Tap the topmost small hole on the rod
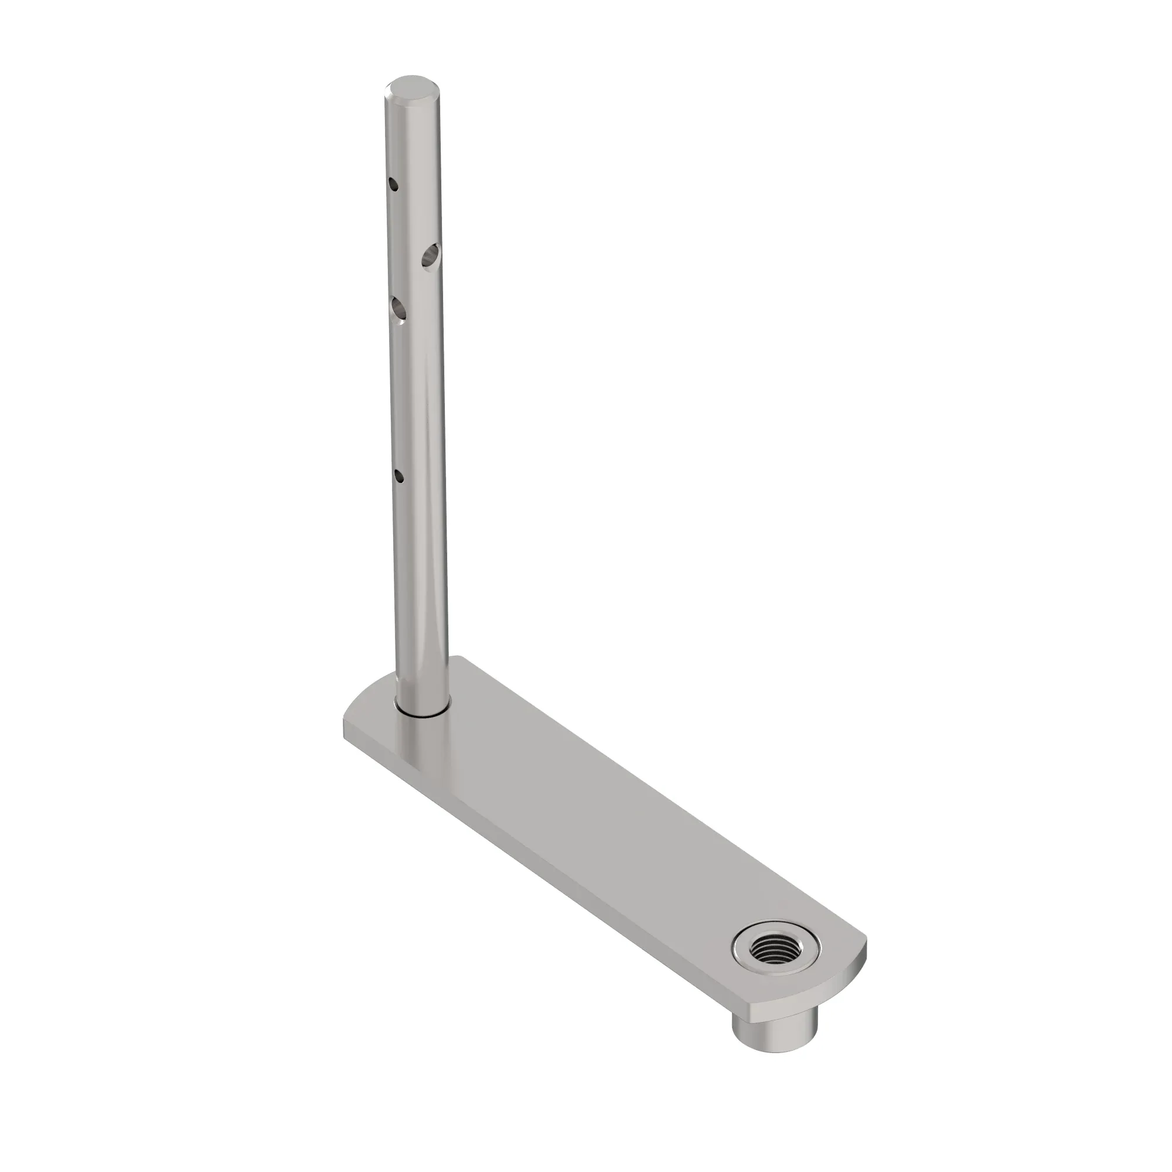[394, 184]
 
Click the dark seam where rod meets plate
[421, 716]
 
